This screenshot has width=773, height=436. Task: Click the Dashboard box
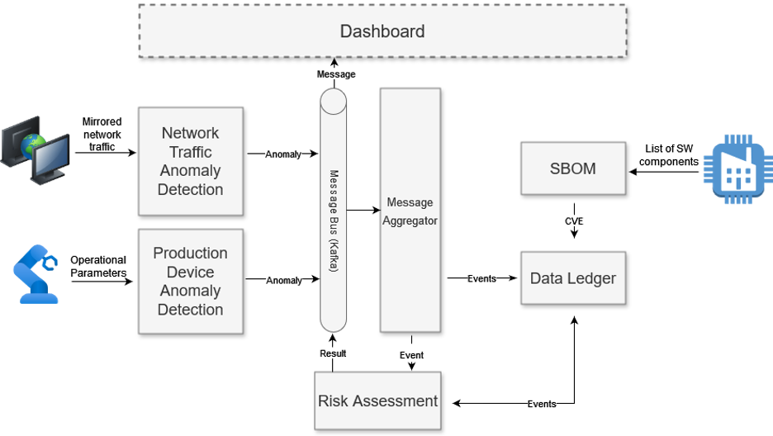click(382, 31)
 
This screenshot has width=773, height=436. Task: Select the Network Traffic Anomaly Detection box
click(191, 161)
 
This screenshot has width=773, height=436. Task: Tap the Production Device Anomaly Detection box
click(191, 281)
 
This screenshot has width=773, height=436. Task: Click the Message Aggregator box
click(410, 211)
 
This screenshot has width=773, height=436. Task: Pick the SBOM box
click(572, 168)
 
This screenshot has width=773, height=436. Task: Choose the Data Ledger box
click(572, 278)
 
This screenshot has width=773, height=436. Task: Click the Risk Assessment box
click(377, 400)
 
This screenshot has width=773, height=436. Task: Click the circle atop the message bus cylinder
click(333, 102)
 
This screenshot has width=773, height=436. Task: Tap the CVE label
click(574, 221)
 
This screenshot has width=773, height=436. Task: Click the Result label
click(333, 353)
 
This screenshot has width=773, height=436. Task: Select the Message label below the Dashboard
click(336, 74)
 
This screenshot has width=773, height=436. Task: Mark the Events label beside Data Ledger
click(481, 278)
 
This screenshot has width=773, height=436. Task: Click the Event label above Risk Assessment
click(411, 355)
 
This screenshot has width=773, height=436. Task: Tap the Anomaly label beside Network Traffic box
click(283, 154)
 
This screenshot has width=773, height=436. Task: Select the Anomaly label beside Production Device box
click(284, 281)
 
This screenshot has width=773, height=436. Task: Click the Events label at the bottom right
click(542, 404)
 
